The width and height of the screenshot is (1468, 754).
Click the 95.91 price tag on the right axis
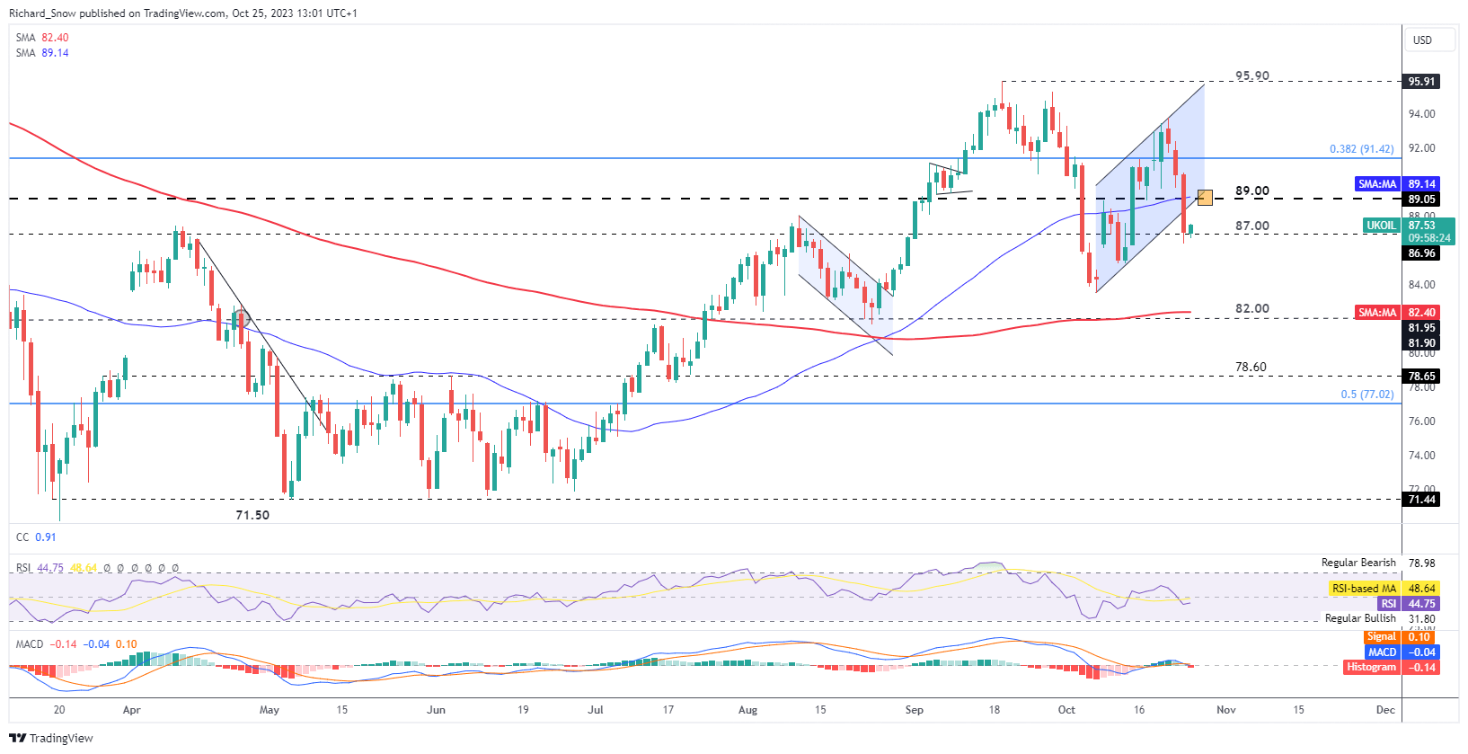[1421, 82]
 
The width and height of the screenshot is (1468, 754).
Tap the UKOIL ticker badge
[1381, 226]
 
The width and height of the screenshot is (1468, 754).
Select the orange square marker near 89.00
[1205, 198]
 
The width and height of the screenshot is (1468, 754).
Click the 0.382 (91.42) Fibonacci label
[1361, 149]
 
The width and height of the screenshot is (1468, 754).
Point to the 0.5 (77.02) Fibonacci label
[1366, 395]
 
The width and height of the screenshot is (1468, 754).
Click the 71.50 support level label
[252, 515]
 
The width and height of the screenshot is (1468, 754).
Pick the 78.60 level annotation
[1251, 367]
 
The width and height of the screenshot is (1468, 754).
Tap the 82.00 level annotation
[1251, 308]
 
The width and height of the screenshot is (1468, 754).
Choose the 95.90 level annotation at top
[1251, 75]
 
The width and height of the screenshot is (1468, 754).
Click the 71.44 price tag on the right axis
[1421, 500]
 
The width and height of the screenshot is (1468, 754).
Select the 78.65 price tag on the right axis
[1421, 377]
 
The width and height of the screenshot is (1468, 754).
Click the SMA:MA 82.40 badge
[1377, 313]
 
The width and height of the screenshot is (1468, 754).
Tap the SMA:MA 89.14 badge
[1377, 184]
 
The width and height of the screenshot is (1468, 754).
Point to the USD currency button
[1422, 40]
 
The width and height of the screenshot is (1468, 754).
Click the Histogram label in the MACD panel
[1371, 667]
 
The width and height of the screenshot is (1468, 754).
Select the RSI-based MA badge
[1364, 589]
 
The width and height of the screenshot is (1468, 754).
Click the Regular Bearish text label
[1358, 563]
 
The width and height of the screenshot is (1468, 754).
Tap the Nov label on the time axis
[1225, 710]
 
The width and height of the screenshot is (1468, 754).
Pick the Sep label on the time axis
[914, 710]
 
